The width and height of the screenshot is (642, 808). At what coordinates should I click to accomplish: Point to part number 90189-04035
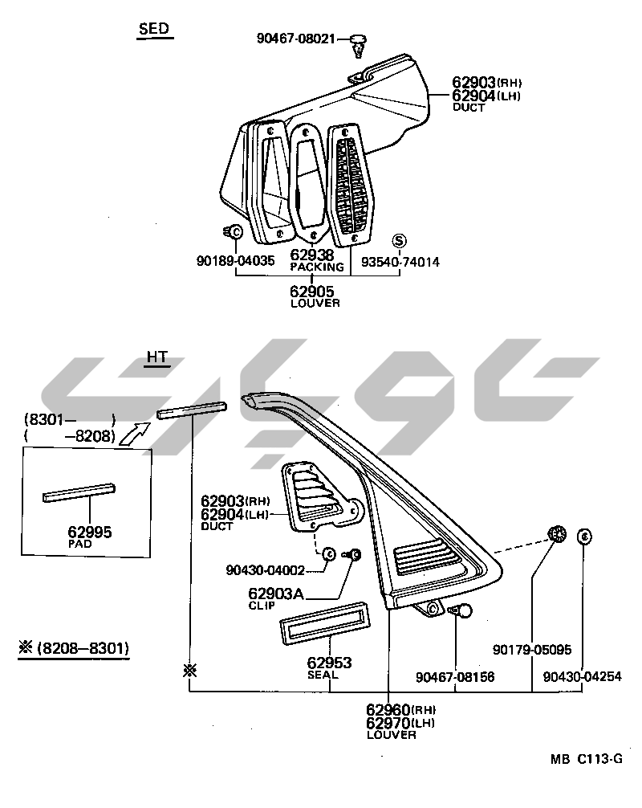click(x=235, y=261)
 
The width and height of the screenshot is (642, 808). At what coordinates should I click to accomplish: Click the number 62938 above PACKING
click(x=312, y=255)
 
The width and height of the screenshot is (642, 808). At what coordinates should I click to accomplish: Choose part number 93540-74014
click(x=400, y=262)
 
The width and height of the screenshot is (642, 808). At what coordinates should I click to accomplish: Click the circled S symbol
click(x=400, y=241)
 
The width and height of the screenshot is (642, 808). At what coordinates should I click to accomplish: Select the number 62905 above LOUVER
click(x=312, y=292)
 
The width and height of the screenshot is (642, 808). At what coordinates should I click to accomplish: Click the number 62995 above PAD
click(x=90, y=532)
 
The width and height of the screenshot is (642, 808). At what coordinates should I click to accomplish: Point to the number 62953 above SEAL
click(x=330, y=663)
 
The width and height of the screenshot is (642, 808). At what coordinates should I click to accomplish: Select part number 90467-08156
click(x=455, y=677)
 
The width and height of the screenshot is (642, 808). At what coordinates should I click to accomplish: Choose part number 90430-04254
click(x=582, y=677)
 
